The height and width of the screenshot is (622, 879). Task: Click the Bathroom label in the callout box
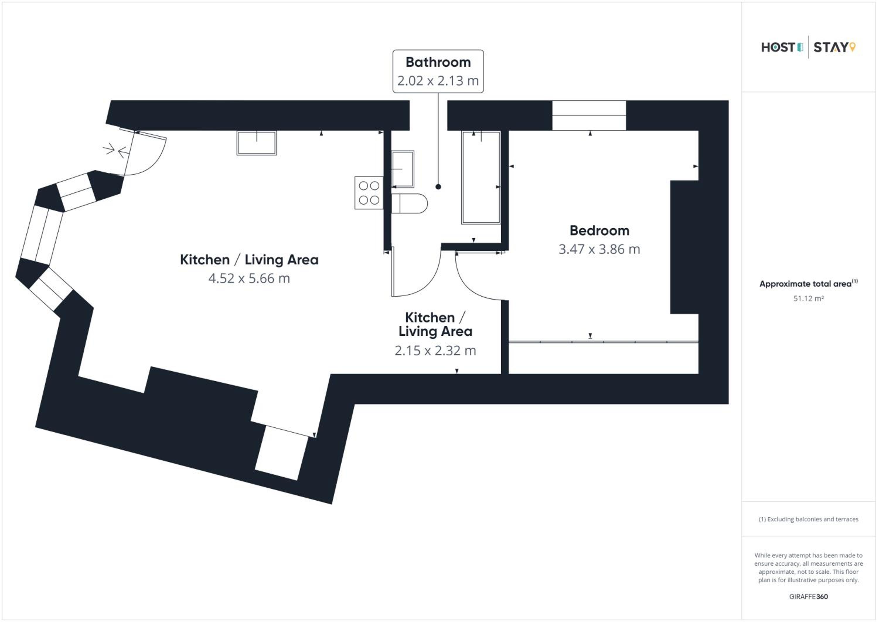tap(438, 62)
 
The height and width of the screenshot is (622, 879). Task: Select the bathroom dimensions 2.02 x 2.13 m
tap(438, 81)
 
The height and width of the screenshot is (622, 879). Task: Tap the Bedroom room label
tap(599, 231)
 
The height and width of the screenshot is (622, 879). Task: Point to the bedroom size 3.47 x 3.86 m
tap(599, 249)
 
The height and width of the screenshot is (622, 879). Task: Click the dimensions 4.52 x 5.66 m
tap(249, 278)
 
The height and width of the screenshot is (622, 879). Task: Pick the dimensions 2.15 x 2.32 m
tap(435, 351)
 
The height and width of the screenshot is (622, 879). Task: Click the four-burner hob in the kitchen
tap(369, 193)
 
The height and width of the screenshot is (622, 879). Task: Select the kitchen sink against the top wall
tap(256, 143)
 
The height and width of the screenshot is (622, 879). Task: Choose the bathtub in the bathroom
tap(481, 177)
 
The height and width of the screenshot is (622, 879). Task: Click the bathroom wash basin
tap(403, 169)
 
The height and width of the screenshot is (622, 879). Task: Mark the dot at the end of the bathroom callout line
tap(438, 187)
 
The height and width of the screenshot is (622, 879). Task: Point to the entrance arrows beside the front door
tap(116, 150)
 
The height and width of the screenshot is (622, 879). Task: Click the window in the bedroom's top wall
tap(589, 115)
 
